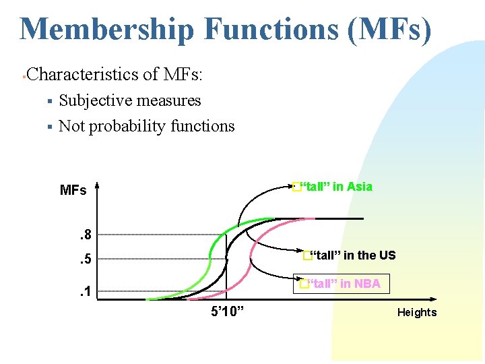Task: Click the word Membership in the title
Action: [x=108, y=30]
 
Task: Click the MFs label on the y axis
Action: [x=73, y=190]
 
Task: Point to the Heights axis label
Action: [x=416, y=312]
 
